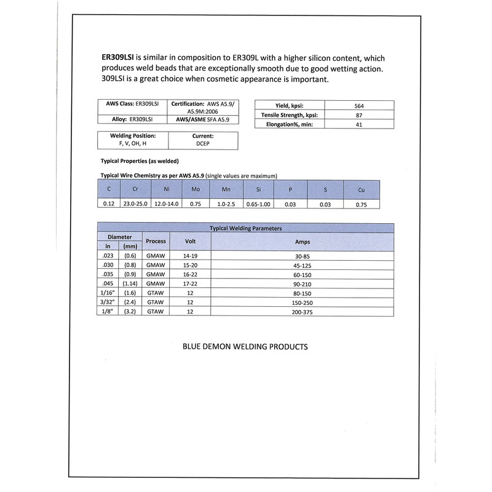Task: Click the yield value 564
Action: [x=360, y=105]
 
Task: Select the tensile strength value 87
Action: [x=360, y=115]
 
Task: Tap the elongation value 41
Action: [x=360, y=125]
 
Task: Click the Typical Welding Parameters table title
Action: [x=246, y=228]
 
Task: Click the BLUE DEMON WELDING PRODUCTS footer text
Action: [x=245, y=347]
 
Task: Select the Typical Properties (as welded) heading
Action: [x=139, y=161]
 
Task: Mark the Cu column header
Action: [x=361, y=190]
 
